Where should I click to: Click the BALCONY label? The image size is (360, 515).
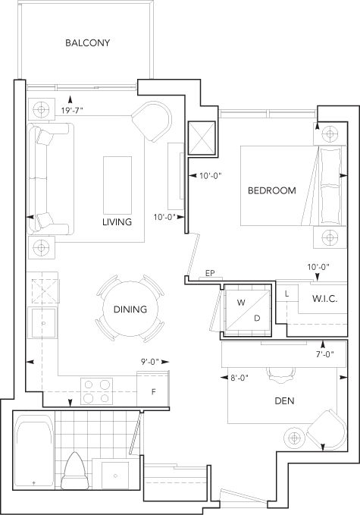pyautogui.click(x=88, y=43)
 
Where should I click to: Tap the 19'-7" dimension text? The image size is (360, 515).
pyautogui.click(x=72, y=111)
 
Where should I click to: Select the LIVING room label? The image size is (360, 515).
pyautogui.click(x=117, y=222)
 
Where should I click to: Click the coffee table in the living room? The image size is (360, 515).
pyautogui.click(x=117, y=185)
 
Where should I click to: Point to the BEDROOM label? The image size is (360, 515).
pyautogui.click(x=272, y=190)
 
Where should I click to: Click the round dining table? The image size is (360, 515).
pyautogui.click(x=130, y=309)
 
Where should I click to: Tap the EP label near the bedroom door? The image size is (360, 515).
pyautogui.click(x=210, y=273)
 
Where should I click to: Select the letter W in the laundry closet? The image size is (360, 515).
pyautogui.click(x=241, y=303)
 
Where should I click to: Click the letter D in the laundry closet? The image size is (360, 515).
pyautogui.click(x=257, y=318)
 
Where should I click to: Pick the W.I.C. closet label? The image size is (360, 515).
pyautogui.click(x=324, y=299)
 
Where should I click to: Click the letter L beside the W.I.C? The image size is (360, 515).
pyautogui.click(x=286, y=294)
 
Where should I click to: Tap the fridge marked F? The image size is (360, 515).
pyautogui.click(x=153, y=390)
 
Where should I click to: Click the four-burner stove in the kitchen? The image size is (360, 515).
pyautogui.click(x=97, y=391)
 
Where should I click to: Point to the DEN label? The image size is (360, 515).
pyautogui.click(x=284, y=400)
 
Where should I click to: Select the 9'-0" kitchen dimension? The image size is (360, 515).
pyautogui.click(x=150, y=362)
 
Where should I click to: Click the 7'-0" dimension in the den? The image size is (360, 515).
pyautogui.click(x=325, y=354)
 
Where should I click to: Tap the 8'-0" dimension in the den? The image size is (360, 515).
pyautogui.click(x=239, y=378)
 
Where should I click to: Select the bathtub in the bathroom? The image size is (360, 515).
pyautogui.click(x=34, y=452)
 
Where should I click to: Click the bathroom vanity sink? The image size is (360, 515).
pyautogui.click(x=115, y=476)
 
